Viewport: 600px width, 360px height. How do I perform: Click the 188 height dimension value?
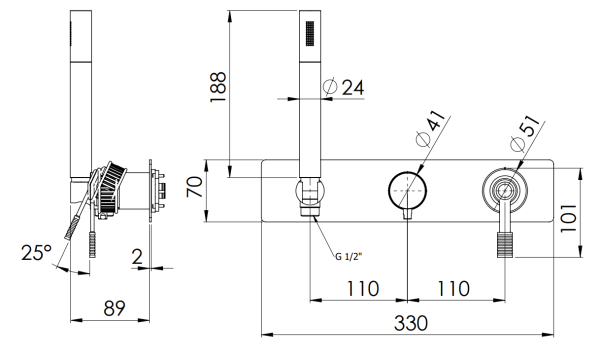tap(219, 87)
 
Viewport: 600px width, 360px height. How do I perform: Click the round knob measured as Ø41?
tap(407, 188)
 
